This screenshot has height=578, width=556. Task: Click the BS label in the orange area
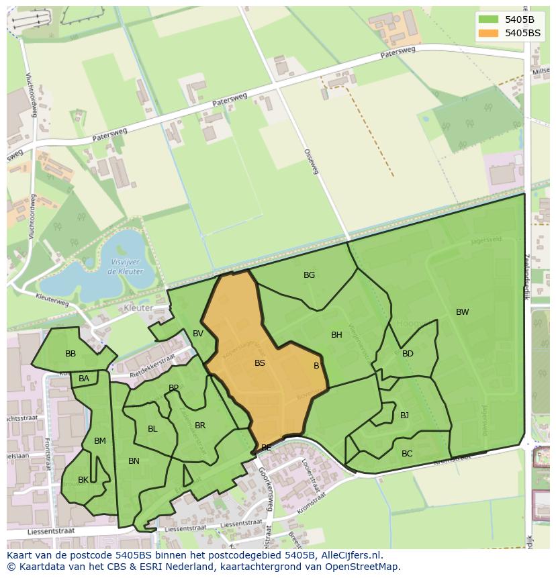coord(260,363)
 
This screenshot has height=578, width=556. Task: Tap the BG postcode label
coord(309,275)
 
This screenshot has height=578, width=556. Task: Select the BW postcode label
coord(462,312)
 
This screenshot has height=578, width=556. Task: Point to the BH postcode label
coord(336,335)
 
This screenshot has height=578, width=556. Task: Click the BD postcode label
coord(408,354)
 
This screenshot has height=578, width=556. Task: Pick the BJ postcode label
coord(404,416)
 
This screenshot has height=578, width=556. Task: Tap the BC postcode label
coord(407,454)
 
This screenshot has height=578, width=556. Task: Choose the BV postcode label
coord(198,334)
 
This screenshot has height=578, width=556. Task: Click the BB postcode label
coord(71,354)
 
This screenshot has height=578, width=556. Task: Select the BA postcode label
coord(84,379)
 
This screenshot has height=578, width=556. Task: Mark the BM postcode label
coord(100,441)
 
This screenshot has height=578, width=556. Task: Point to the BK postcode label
coord(83,480)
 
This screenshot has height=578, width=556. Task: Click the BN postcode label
coord(134,461)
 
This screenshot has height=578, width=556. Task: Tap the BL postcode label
coord(152,429)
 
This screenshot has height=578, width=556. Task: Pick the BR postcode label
coord(200,426)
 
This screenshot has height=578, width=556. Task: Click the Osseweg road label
coord(311,162)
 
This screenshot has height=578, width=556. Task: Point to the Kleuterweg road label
coord(52,299)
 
